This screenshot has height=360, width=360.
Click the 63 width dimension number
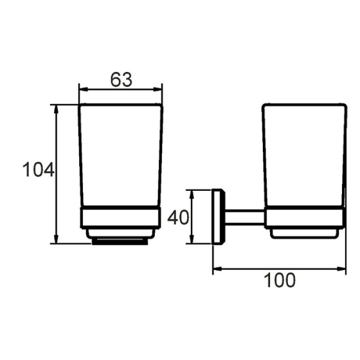[121, 80]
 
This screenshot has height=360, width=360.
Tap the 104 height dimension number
[38, 170]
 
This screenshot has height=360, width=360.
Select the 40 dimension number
[178, 217]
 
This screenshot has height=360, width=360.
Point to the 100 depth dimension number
[280, 280]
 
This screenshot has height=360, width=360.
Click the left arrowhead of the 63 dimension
[83, 89]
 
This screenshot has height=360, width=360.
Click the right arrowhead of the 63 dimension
[157, 89]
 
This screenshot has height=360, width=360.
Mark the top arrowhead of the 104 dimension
[56, 110]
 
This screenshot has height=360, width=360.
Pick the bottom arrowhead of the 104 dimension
[56, 239]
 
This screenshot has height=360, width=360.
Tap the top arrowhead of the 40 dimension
[192, 194]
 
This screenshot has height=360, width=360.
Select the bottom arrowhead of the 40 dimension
[192, 239]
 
